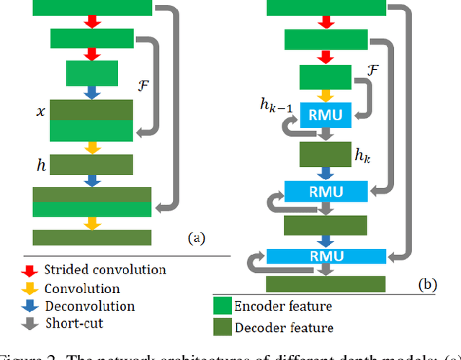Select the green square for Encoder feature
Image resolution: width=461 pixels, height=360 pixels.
pos(223,306)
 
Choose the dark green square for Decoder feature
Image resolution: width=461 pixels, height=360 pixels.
pos(223,328)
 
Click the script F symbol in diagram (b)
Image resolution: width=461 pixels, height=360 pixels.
pos(372,69)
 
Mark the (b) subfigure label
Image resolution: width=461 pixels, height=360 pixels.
pos(428,285)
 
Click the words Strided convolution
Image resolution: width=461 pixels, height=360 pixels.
pos(105,271)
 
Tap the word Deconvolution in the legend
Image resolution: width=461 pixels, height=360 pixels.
pos(89,306)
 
